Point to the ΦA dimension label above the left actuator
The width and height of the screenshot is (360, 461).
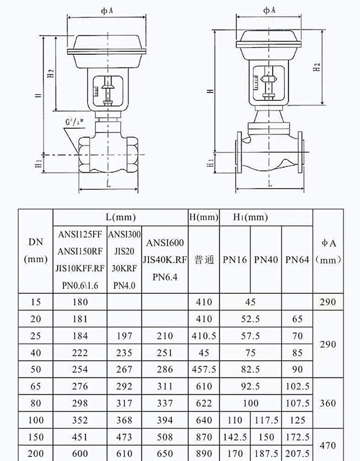pos(107,10)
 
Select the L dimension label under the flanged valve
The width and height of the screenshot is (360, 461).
pos(270,183)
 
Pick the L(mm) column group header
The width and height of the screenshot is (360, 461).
pos(120,218)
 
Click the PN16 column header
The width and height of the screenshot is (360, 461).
pos(235,259)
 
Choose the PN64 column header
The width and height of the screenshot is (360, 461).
pos(297,259)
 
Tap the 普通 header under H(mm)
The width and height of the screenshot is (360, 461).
pos(204,259)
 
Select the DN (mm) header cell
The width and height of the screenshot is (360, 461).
pos(36,251)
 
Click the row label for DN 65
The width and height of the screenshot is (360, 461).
pos(36,386)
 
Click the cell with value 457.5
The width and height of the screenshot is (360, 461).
pos(204,369)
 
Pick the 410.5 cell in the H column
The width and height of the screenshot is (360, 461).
pos(204,336)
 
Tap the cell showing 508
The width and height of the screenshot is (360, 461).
pos(164,437)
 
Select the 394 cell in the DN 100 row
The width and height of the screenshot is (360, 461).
pos(164,420)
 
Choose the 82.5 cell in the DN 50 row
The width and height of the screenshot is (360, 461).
pos(250,369)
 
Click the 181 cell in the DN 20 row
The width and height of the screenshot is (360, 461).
pos(80,319)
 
